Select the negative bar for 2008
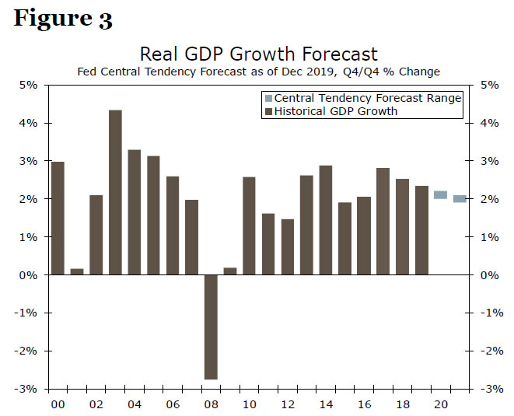pyautogui.click(x=211, y=327)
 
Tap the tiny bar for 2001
pyautogui.click(x=77, y=271)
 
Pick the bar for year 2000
pyautogui.click(x=58, y=218)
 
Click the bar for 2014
pyautogui.click(x=326, y=220)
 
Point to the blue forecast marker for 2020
pyautogui.click(x=440, y=195)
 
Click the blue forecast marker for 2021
pyautogui.click(x=460, y=199)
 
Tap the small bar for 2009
pyautogui.click(x=229, y=271)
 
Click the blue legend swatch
pyautogui.click(x=268, y=98)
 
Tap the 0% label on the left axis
pyautogui.click(x=29, y=275)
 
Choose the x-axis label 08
pyautogui.click(x=211, y=405)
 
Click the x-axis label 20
pyautogui.click(x=440, y=405)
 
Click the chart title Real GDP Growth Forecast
pyautogui.click(x=258, y=54)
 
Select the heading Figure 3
pyautogui.click(x=63, y=19)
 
